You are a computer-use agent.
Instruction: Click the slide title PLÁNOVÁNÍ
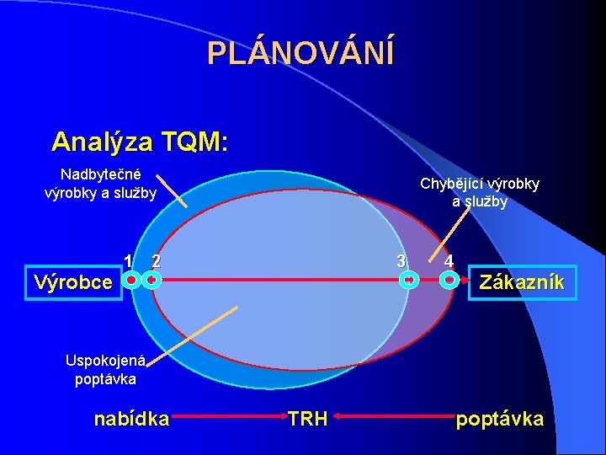300,54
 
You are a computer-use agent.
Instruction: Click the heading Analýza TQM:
139,142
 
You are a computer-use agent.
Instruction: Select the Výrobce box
72,281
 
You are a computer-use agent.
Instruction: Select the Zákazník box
521,282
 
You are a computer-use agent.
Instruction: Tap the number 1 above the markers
127,260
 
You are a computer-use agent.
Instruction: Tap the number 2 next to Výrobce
155,260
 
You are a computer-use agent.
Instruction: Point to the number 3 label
402,260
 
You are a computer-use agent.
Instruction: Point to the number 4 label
450,260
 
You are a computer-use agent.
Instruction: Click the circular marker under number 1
131,281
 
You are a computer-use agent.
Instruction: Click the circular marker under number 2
151,281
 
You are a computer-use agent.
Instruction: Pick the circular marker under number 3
408,280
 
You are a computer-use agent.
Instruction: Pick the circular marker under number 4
450,280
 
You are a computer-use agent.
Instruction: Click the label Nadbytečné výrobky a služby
100,184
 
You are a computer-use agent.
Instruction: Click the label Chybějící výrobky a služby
480,192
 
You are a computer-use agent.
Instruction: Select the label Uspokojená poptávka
105,370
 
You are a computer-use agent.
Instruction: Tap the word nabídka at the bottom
131,419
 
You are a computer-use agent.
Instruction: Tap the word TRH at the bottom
307,419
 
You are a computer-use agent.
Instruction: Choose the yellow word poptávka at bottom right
499,419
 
